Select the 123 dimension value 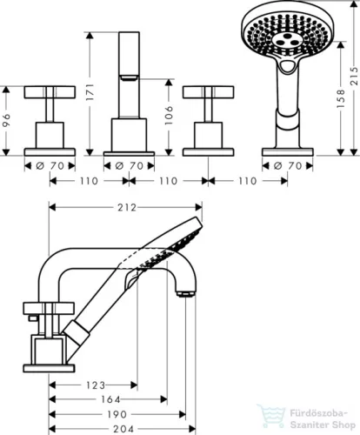click(95, 383)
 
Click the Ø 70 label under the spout click(133, 164)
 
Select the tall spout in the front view click(134, 87)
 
